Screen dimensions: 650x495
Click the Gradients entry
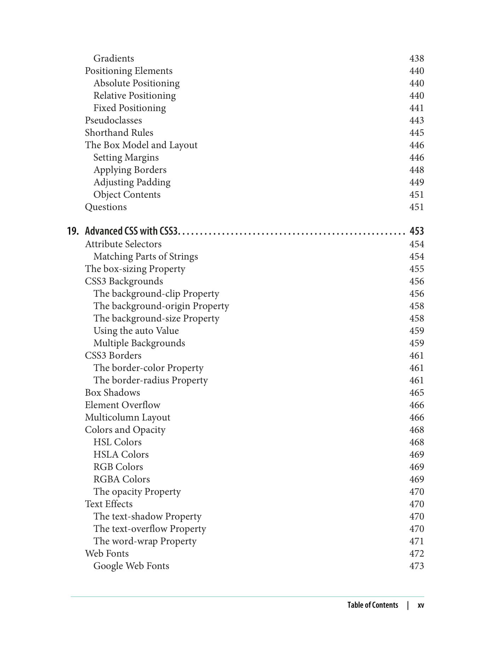pyautogui.click(x=113, y=58)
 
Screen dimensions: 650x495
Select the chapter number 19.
pyautogui.click(x=72, y=231)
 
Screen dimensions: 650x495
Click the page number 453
pyautogui.click(x=417, y=231)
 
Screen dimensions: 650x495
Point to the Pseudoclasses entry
pyautogui.click(x=113, y=120)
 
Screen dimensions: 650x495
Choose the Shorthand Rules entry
pyautogui.click(x=119, y=133)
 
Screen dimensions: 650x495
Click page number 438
pyautogui.click(x=417, y=58)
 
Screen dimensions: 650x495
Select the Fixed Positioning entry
pyautogui.click(x=129, y=108)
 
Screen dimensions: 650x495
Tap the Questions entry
pyautogui.click(x=106, y=207)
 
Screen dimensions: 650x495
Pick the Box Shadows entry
pyautogui.click(x=112, y=393)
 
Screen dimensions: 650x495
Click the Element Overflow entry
pyautogui.click(x=122, y=405)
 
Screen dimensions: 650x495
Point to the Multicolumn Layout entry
pyautogui.click(x=127, y=417)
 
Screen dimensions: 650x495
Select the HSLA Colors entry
pyautogui.click(x=121, y=454)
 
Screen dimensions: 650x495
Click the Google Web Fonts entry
pyautogui.click(x=131, y=566)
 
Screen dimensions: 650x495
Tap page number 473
pyautogui.click(x=417, y=566)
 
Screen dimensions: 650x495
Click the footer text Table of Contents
pyautogui.click(x=373, y=605)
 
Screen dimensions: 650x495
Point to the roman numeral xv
pyautogui.click(x=420, y=605)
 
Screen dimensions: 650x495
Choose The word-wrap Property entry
pyautogui.click(x=145, y=541)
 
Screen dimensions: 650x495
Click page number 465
pyautogui.click(x=417, y=393)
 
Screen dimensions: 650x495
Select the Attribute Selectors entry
pyautogui.click(x=123, y=244)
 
